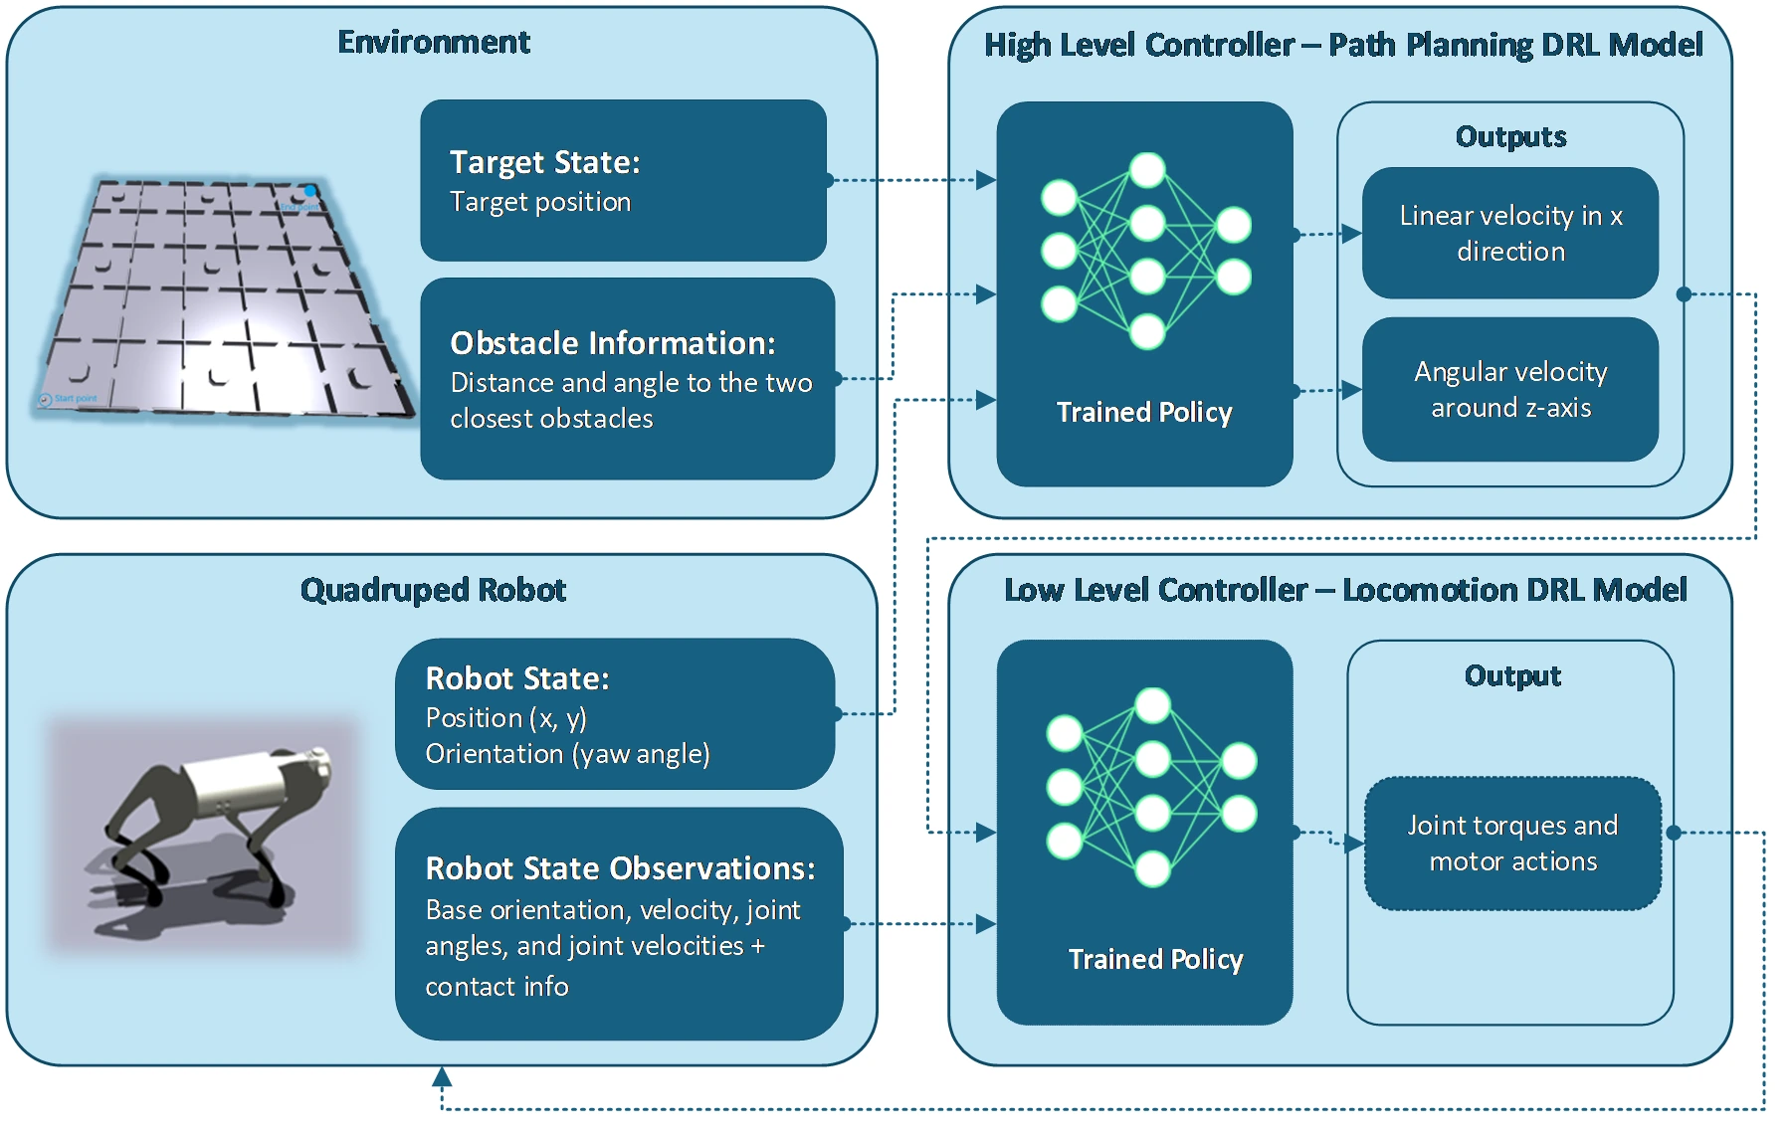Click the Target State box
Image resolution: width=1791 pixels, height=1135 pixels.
click(x=623, y=180)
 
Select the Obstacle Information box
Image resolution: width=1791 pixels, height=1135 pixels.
click(x=627, y=379)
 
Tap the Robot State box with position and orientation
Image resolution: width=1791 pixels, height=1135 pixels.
click(x=615, y=713)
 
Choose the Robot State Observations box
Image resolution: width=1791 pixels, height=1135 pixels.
click(x=619, y=923)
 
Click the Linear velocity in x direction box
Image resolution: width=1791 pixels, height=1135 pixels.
click(x=1510, y=233)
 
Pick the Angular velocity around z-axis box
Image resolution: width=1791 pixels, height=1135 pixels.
click(x=1510, y=389)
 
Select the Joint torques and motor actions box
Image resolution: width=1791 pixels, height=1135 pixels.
click(x=1512, y=844)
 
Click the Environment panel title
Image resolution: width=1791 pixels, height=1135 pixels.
click(x=434, y=42)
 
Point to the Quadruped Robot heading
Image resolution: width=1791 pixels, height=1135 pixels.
click(x=433, y=590)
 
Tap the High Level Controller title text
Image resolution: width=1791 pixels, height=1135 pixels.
click(x=1343, y=45)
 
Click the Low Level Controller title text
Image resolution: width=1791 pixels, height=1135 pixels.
click(x=1345, y=590)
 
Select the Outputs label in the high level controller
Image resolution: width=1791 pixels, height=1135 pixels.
click(x=1510, y=136)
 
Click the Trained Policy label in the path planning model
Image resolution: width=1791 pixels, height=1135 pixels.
click(x=1144, y=412)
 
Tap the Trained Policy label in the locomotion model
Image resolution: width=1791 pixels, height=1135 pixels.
click(x=1155, y=959)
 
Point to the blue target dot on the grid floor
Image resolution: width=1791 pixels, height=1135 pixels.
click(x=309, y=191)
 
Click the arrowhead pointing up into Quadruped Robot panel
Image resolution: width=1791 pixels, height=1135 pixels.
click(x=442, y=1076)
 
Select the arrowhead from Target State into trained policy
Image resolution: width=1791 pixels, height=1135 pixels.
click(x=986, y=180)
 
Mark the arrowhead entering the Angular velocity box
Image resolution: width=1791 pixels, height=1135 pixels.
click(x=1351, y=390)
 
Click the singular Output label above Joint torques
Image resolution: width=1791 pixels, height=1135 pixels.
click(x=1512, y=675)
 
